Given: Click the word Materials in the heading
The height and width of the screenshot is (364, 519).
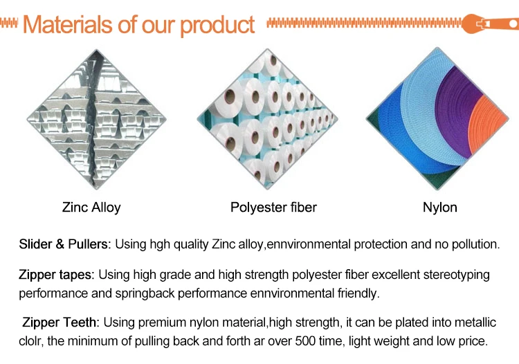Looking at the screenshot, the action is coord(68,24).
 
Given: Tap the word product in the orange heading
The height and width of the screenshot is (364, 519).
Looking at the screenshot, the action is coord(217,26).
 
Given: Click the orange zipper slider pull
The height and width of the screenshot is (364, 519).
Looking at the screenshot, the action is coord(491,24).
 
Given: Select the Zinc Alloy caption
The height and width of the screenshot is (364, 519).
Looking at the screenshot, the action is coord(91,208).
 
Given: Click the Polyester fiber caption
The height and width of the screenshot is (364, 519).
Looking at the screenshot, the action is coord(273,208).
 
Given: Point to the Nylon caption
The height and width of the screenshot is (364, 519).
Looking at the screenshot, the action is coord(440,208).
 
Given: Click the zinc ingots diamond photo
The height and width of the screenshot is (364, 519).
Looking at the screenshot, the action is coord(97,119).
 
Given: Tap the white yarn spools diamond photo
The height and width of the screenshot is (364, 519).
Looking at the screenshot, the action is coord(267,119).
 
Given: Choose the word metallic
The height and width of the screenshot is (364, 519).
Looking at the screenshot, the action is coord(475,322).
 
